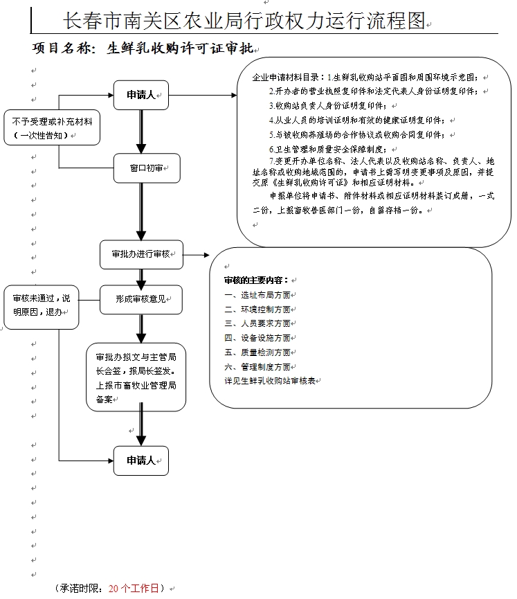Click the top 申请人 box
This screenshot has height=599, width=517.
point(141,96)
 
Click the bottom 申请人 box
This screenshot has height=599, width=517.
point(141,461)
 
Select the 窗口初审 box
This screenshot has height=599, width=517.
point(141,168)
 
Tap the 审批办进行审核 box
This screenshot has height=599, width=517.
point(141,254)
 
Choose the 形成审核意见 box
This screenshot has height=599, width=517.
point(141,300)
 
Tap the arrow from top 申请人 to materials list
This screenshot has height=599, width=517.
point(204,96)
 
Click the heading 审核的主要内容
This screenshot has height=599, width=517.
point(256,280)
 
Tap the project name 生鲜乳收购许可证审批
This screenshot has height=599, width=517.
point(181,49)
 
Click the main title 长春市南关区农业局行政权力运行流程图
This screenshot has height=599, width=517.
point(244,21)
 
